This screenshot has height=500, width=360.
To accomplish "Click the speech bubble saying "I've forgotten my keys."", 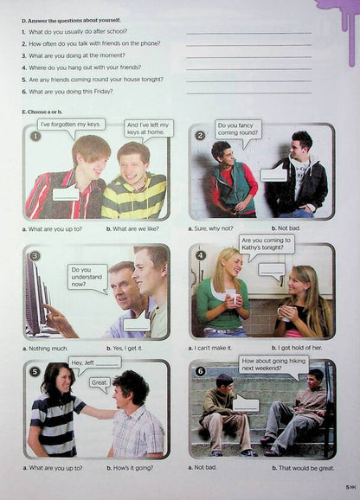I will pyautogui.click(x=71, y=125).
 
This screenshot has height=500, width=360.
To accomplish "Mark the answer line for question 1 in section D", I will pyautogui.click(x=248, y=32).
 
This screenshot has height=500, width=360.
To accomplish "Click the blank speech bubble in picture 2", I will pyautogui.click(x=273, y=174).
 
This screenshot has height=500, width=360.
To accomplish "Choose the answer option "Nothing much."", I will pyautogui.click(x=44, y=348).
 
